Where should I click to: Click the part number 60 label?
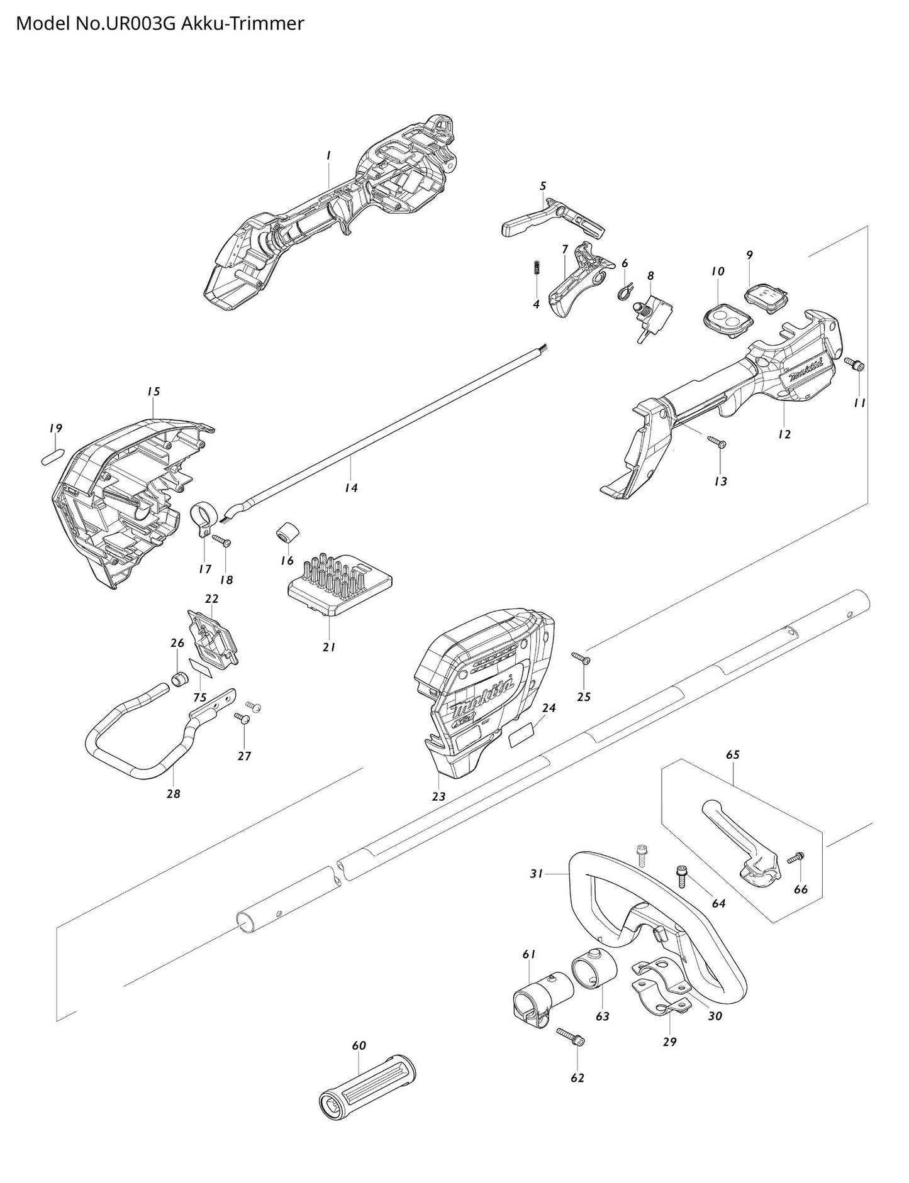point(359,1046)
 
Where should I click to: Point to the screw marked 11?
point(856,364)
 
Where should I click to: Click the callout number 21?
point(329,647)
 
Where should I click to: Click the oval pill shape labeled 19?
point(55,455)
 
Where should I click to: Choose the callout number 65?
point(733,754)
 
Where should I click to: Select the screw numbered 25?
point(580,658)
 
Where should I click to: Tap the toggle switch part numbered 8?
point(652,316)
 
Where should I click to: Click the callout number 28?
point(174,794)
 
